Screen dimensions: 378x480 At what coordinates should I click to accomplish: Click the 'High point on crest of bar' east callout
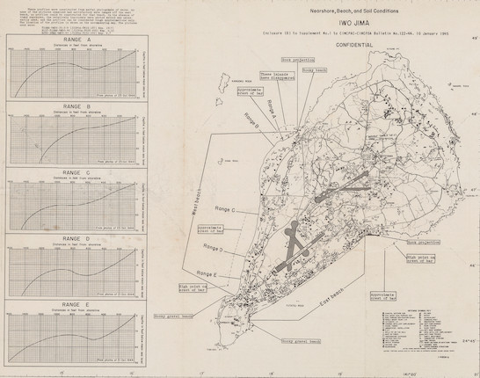pyautogui.click(x=401, y=258)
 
